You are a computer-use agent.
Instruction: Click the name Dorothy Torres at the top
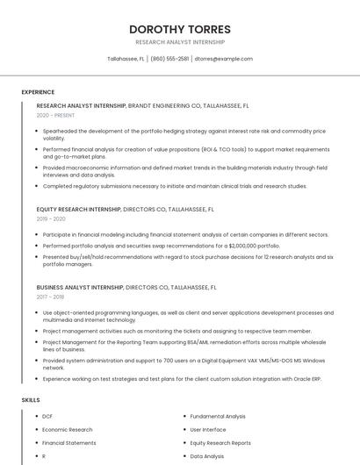tap(180, 28)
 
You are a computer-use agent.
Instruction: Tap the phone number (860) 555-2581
tap(169, 59)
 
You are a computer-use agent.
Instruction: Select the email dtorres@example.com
tap(224, 59)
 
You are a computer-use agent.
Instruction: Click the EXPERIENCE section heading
tap(38, 91)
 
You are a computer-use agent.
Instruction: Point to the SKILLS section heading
tap(31, 400)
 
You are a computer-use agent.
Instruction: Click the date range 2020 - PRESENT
tap(55, 115)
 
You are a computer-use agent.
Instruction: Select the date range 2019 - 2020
tap(51, 218)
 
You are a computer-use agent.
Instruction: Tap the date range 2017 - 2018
tap(50, 297)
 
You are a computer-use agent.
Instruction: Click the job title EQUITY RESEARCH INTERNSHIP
tap(78, 210)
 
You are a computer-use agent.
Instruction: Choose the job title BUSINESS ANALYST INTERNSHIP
tap(80, 287)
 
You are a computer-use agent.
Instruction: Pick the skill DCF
tap(47, 416)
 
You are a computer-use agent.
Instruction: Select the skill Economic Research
tap(67, 430)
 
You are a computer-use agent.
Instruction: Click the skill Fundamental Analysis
tap(218, 416)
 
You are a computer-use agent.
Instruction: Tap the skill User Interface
tap(208, 430)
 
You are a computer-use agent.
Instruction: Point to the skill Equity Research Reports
tap(220, 443)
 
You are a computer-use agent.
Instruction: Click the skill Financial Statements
tap(69, 443)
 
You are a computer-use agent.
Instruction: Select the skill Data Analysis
tap(207, 456)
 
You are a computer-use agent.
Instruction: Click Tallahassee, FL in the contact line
tap(126, 59)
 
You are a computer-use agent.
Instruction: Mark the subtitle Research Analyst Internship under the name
tap(180, 42)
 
